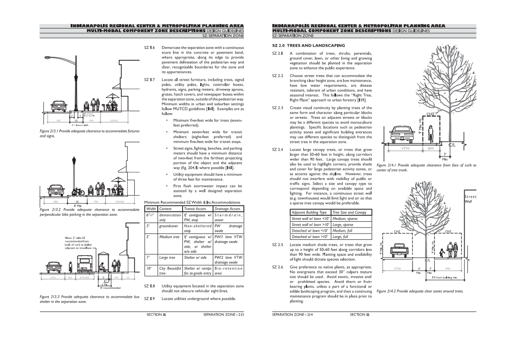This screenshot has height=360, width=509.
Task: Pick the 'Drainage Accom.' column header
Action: [x=229, y=209]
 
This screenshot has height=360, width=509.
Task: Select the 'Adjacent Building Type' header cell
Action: [x=310, y=212]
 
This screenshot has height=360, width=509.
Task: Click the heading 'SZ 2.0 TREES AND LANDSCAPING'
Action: [x=308, y=45]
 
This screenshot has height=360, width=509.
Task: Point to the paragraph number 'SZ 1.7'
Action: [x=150, y=80]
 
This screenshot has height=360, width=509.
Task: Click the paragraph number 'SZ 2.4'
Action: [x=277, y=150]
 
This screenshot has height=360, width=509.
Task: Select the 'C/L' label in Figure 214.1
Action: [x=453, y=145]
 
